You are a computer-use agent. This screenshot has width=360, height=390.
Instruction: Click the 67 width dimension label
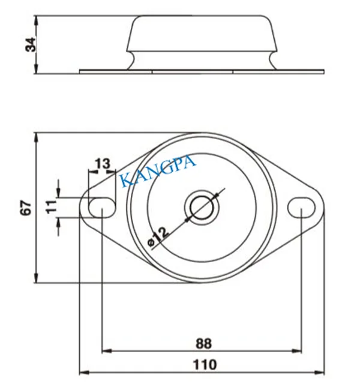(x=25, y=208)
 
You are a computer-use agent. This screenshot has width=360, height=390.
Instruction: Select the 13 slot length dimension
(x=102, y=163)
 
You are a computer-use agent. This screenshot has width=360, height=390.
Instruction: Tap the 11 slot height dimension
(x=51, y=207)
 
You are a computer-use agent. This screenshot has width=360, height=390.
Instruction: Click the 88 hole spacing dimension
(x=203, y=343)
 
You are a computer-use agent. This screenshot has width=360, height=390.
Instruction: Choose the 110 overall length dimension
(x=205, y=364)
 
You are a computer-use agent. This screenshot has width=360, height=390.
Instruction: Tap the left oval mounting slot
(x=102, y=208)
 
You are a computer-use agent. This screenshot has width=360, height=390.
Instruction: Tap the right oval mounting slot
(x=301, y=207)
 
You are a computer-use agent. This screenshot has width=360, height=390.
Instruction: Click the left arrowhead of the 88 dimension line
(x=106, y=350)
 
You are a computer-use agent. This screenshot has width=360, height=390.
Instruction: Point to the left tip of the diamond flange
(x=80, y=208)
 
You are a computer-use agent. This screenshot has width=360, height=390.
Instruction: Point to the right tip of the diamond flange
(x=324, y=208)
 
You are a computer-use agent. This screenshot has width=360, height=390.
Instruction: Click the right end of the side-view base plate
(x=323, y=71)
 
